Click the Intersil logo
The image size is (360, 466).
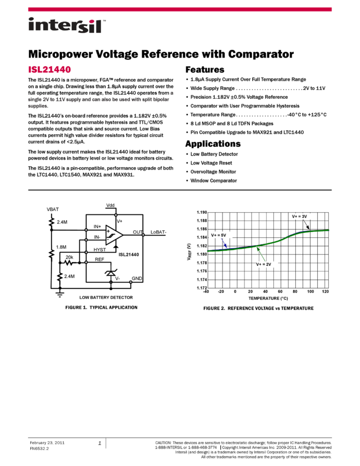(x=67, y=26)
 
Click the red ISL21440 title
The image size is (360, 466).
(x=50, y=70)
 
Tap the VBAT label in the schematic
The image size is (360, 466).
(x=53, y=209)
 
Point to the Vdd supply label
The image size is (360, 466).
(x=111, y=205)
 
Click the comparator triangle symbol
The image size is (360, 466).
(x=114, y=234)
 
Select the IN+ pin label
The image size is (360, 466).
(x=97, y=226)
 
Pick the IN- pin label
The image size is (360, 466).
(x=97, y=237)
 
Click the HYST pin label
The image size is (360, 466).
(x=99, y=250)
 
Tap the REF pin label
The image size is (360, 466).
(x=99, y=259)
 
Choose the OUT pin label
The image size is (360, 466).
(x=137, y=232)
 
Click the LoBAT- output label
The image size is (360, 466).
(x=158, y=232)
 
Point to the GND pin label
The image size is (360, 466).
(x=137, y=279)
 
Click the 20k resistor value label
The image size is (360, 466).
(x=70, y=257)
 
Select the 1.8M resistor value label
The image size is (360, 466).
(x=61, y=247)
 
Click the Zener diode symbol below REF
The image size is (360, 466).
(x=111, y=271)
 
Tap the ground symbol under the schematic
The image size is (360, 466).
(x=60, y=294)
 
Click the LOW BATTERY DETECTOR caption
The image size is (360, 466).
(x=106, y=298)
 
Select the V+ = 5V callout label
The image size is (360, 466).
(x=218, y=235)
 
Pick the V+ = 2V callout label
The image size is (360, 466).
(x=264, y=264)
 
